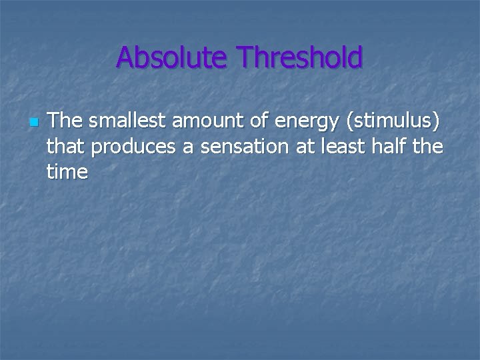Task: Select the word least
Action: pyautogui.click(x=343, y=146)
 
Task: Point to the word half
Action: pyautogui.click(x=392, y=146)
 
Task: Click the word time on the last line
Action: pyautogui.click(x=67, y=171)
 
